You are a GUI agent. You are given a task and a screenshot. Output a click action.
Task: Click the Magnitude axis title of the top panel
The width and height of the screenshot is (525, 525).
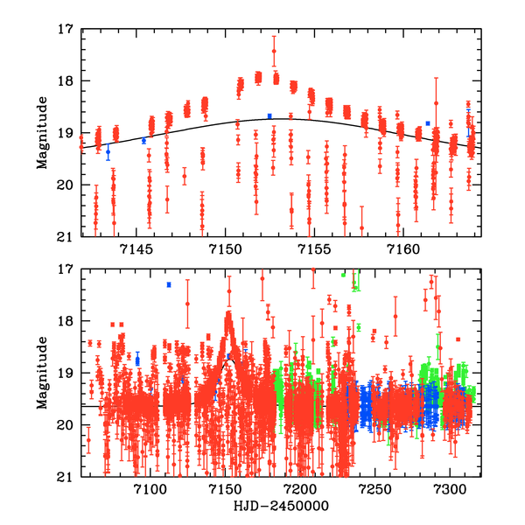(x=42, y=133)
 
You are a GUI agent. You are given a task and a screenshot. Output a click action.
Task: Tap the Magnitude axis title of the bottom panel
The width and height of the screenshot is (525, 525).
(x=42, y=373)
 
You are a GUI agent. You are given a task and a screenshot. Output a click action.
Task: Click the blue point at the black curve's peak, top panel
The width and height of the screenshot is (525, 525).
(x=269, y=115)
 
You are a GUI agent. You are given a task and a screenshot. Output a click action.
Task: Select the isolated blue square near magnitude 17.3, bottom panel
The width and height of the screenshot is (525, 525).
(x=169, y=284)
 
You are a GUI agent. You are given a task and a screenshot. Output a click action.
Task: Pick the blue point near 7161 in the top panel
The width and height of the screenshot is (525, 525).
(x=428, y=123)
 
